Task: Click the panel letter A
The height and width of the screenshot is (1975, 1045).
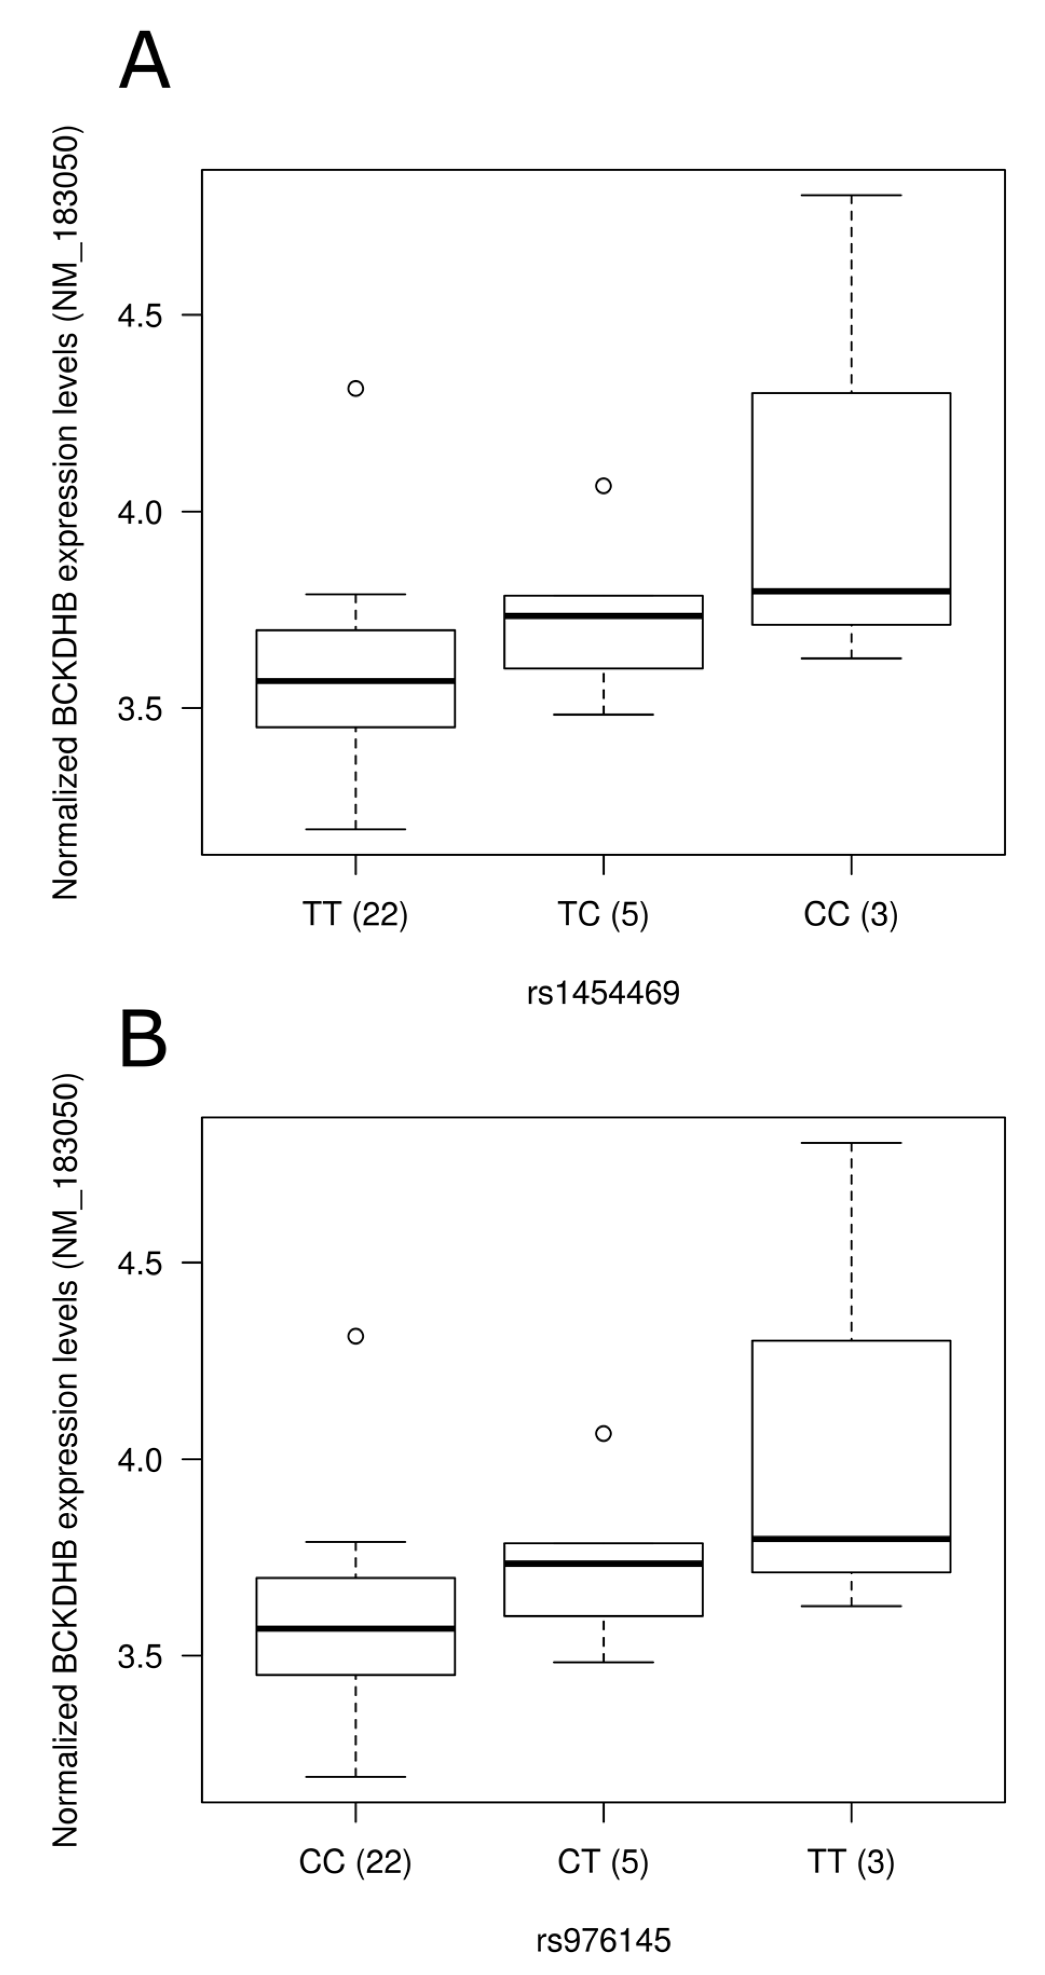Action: point(144,63)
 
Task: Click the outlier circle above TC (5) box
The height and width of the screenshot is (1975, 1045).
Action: point(603,486)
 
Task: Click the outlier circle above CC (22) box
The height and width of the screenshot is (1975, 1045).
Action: point(356,1336)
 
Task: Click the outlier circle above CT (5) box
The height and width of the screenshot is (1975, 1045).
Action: point(603,1434)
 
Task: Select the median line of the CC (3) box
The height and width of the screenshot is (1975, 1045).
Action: point(851,591)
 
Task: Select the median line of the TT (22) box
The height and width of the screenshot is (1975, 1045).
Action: point(356,681)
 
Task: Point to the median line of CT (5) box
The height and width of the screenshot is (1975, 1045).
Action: point(603,1563)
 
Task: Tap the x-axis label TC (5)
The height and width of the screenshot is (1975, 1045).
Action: point(603,915)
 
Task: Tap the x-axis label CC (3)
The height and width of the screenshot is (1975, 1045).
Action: point(850,915)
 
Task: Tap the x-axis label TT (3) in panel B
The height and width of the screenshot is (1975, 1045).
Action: point(850,1862)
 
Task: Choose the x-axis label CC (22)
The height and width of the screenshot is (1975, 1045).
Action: point(355,1862)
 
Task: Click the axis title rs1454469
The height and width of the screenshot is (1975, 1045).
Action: point(603,993)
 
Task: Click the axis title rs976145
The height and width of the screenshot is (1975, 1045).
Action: point(603,1940)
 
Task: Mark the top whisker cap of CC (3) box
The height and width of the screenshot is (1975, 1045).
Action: point(851,196)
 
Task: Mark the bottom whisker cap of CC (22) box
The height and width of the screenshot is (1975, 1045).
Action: point(356,1777)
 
